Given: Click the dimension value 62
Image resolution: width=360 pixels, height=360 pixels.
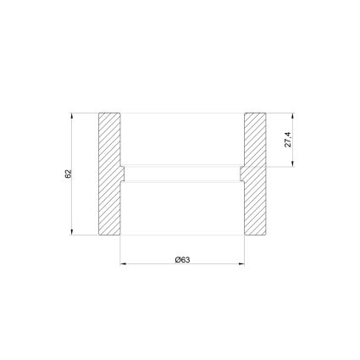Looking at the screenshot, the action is tap(69, 174).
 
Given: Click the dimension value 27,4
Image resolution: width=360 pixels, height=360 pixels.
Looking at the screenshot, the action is tap(289, 140).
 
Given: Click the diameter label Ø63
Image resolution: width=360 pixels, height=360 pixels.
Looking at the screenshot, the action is tap(182, 260).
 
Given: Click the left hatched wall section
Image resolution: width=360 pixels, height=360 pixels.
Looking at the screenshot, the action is tap(110, 174).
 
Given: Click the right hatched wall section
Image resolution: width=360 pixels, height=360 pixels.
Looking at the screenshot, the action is tap(254, 174).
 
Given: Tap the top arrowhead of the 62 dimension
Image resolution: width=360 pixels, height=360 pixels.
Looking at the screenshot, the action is tap(72, 116).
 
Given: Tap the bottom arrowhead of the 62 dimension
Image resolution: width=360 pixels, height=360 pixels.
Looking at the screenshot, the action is tap(72, 232).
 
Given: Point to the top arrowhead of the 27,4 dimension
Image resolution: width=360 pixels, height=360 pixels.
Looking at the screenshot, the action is tap(293, 116).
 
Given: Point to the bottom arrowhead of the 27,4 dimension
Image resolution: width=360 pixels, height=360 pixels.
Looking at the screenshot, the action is tap(293, 163).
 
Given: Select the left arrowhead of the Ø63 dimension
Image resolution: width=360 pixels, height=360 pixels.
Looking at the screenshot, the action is tap(124, 264).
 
